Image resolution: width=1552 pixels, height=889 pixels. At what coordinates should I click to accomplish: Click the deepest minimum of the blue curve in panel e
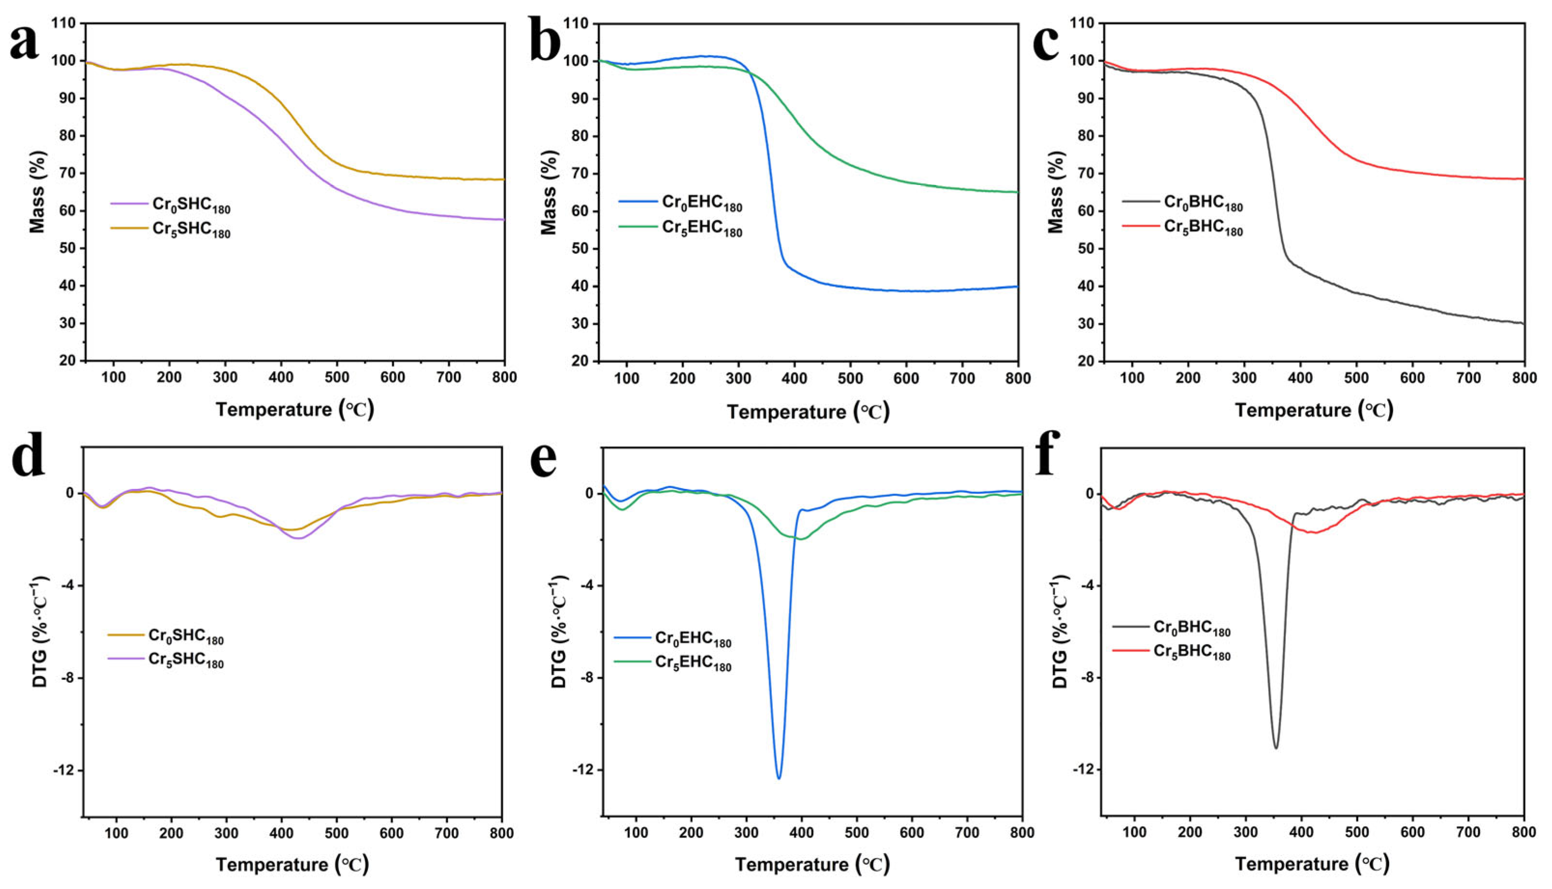click(x=779, y=778)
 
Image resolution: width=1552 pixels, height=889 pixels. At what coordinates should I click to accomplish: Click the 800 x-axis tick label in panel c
click(x=1524, y=378)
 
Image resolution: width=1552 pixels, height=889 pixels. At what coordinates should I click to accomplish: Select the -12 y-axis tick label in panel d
click(x=63, y=771)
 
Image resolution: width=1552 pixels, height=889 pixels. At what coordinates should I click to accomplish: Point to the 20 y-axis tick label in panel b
click(x=581, y=361)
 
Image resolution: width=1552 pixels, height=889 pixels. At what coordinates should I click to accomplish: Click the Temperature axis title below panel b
click(x=808, y=412)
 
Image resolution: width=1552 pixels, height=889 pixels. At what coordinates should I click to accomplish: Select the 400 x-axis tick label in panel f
click(x=1301, y=833)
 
